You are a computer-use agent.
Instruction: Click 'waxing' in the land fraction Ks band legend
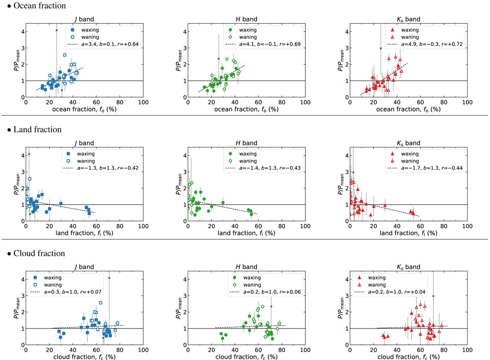point(410,154)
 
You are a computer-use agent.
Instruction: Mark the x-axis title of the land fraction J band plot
point(84,233)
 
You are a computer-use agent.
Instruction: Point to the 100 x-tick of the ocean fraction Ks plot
point(467,102)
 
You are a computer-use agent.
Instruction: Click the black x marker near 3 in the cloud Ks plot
point(433,296)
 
